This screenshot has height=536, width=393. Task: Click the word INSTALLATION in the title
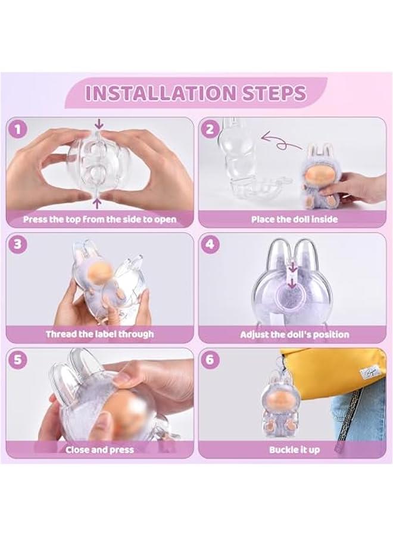161,93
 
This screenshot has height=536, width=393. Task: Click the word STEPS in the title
275,93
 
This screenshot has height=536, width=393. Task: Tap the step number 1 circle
18,130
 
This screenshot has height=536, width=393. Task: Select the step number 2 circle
210,129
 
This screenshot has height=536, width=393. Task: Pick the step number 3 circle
18,244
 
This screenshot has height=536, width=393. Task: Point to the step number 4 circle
210,244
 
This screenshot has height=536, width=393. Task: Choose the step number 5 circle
18,360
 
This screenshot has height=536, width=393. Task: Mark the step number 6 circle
210,360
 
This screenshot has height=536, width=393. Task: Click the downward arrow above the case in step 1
99,124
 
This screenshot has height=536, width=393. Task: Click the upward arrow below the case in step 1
98,204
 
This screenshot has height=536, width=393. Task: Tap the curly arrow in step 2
281,142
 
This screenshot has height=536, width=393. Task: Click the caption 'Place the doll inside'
294,219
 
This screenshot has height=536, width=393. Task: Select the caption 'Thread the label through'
100,334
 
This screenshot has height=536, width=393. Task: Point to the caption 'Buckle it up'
294,450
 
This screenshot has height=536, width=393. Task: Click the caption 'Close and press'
99,450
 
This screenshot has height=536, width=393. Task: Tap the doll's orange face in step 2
320,175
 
